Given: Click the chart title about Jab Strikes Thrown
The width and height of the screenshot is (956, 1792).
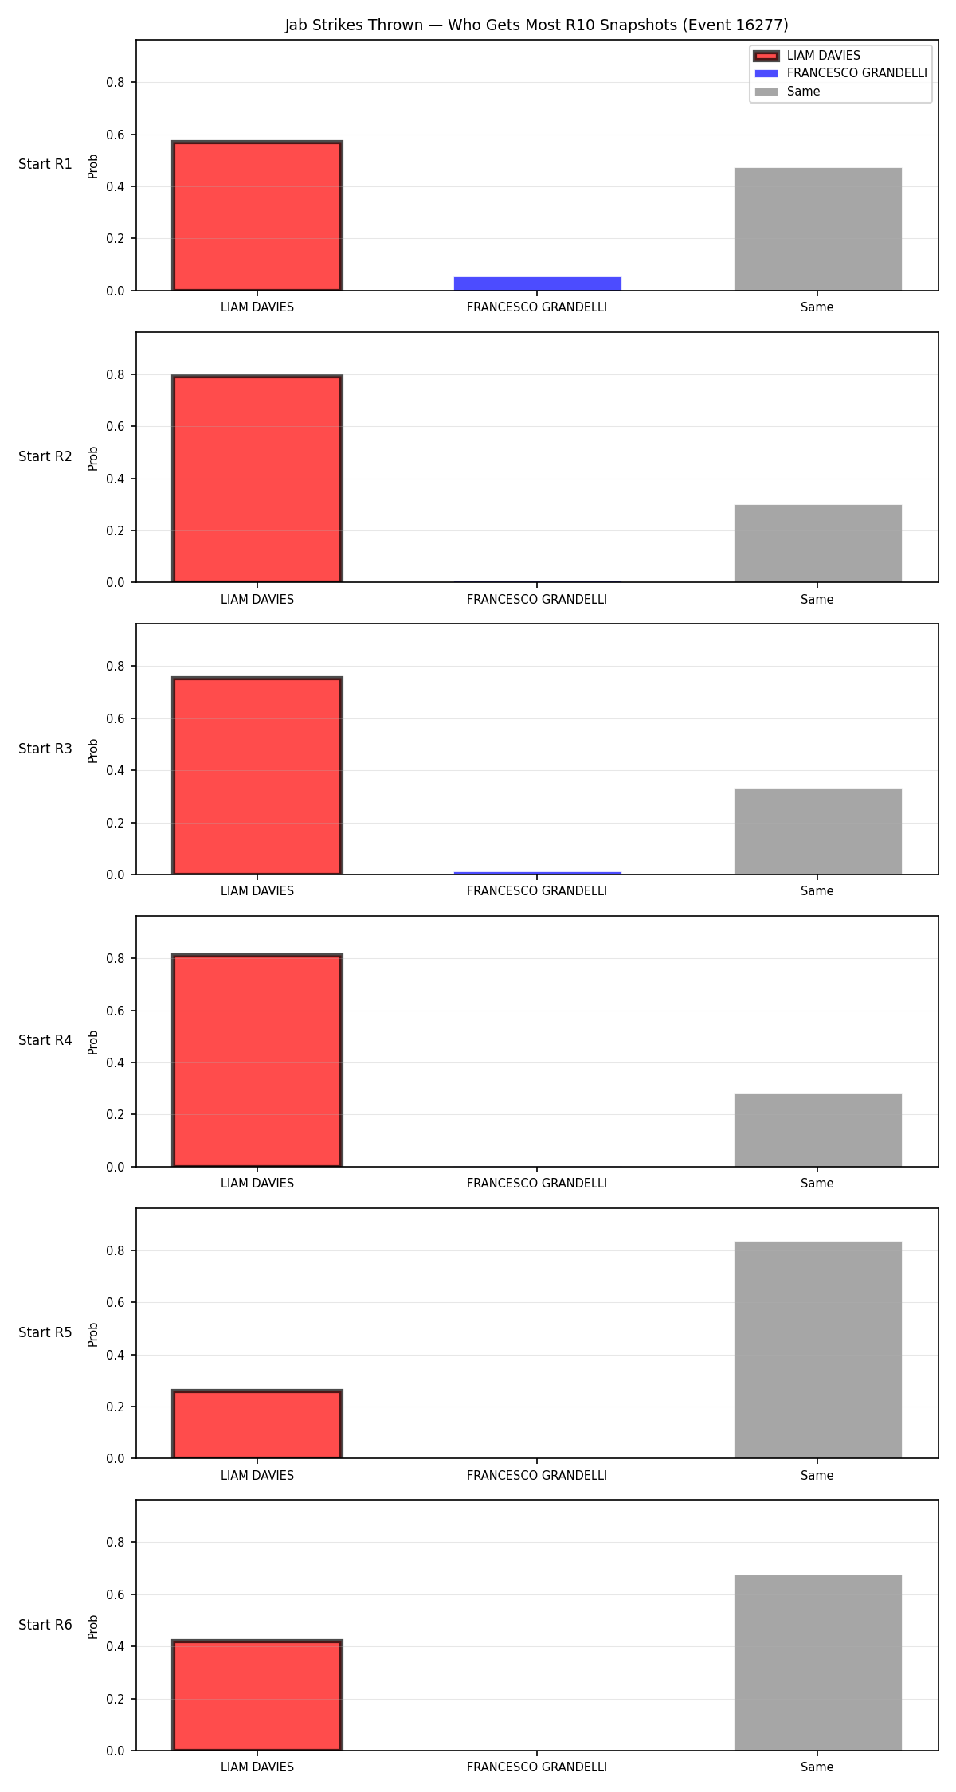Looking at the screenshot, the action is [x=537, y=25].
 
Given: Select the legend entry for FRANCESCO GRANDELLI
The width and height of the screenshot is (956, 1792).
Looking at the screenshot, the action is [x=841, y=73].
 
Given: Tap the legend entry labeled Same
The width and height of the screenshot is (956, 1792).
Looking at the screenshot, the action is [x=787, y=92].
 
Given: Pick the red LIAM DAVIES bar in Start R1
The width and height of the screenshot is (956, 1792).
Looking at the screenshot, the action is [x=257, y=216].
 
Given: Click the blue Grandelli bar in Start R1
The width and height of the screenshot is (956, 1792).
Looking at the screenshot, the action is [x=538, y=284].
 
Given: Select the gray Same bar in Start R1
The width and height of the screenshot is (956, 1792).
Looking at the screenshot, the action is [x=818, y=229].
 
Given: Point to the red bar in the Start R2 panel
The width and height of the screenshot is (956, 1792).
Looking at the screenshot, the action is [x=257, y=479].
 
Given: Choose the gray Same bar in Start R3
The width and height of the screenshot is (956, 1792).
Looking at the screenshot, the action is [x=818, y=831].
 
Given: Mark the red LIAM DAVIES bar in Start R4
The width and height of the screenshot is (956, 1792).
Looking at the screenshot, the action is [x=257, y=1060].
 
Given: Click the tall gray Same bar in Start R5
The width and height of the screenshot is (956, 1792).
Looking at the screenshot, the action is [x=818, y=1350].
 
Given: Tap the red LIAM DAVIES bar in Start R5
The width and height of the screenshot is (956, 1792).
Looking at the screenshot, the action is [x=257, y=1424].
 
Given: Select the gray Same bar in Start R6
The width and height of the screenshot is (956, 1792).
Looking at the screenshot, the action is [x=818, y=1663].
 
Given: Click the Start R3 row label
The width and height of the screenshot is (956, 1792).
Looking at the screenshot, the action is [x=45, y=749].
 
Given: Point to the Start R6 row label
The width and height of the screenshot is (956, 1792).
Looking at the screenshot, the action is [x=45, y=1625].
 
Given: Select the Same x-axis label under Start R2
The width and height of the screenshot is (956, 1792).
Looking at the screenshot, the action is [x=817, y=600].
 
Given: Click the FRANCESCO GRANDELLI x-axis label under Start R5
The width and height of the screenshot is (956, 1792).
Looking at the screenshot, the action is [x=537, y=1476].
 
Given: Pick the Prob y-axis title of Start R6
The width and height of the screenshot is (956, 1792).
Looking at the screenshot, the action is [x=93, y=1626].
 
